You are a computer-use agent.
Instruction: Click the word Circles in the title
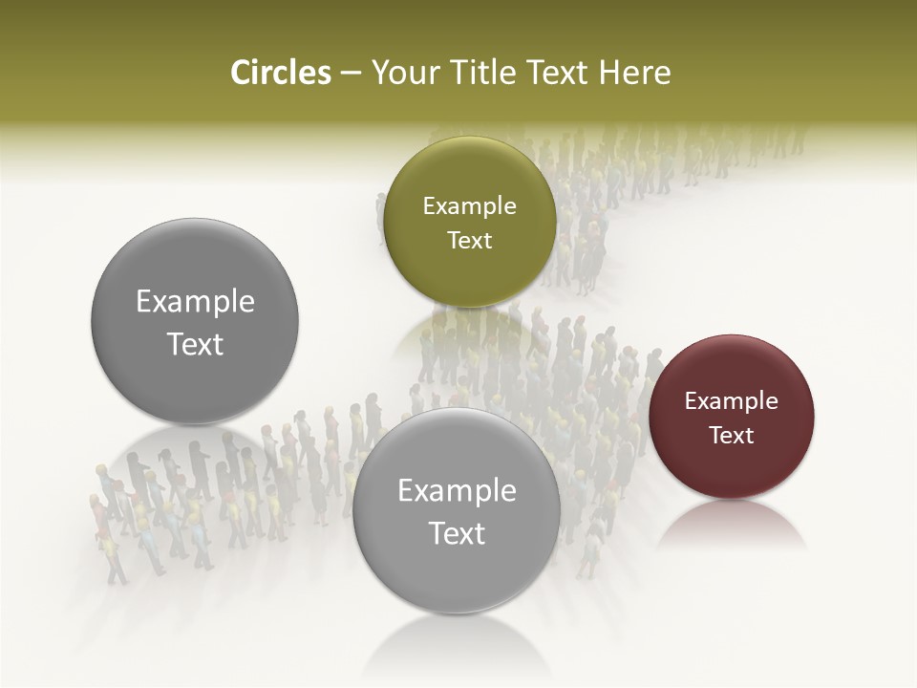pyautogui.click(x=280, y=73)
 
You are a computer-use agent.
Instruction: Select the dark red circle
pyautogui.click(x=732, y=417)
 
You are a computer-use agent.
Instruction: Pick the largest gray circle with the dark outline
pyautogui.click(x=195, y=322)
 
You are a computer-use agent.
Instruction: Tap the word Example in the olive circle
pyautogui.click(x=469, y=206)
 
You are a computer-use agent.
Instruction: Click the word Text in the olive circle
pyautogui.click(x=469, y=241)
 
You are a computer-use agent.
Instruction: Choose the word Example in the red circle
pyautogui.click(x=732, y=400)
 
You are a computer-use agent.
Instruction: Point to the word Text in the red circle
pyautogui.click(x=732, y=435)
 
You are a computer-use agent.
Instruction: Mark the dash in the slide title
pyautogui.click(x=351, y=74)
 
